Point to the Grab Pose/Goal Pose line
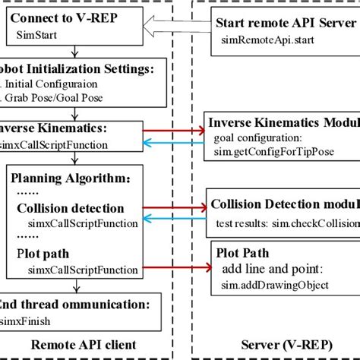(x=52, y=96)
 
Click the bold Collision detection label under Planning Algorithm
(x=81, y=209)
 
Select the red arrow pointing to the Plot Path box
(x=178, y=268)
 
